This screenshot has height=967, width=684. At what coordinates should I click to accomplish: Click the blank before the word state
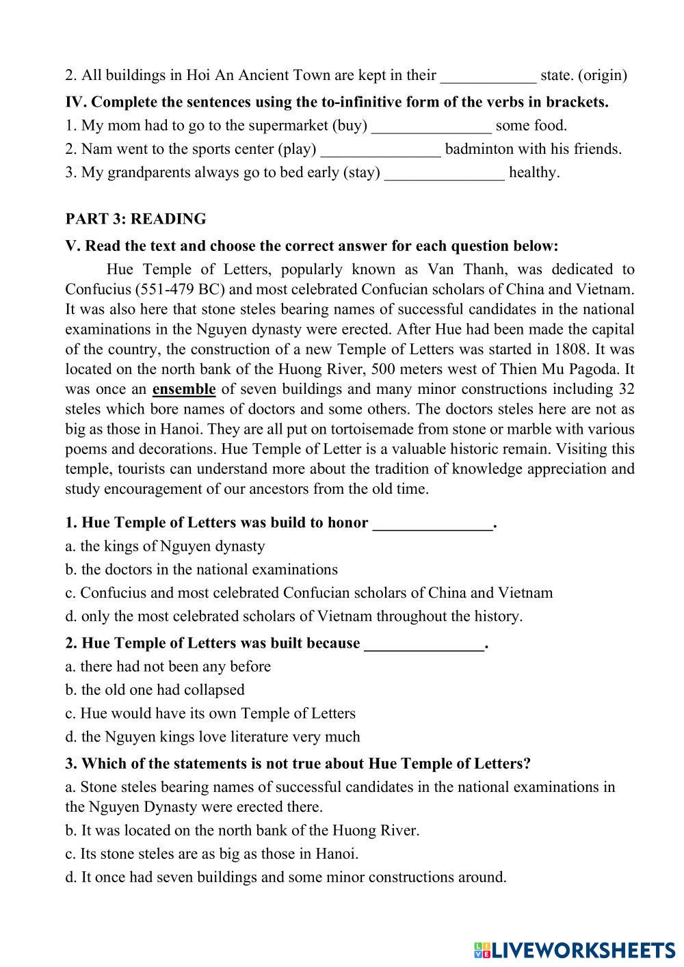click(x=488, y=75)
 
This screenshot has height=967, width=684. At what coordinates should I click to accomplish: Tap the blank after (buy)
click(x=431, y=126)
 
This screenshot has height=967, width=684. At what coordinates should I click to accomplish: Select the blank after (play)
click(x=381, y=149)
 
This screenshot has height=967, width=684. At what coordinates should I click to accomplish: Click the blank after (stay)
click(x=445, y=172)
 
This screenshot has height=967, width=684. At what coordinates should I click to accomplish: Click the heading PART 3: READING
click(x=135, y=219)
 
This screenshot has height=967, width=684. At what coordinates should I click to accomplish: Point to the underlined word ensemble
click(x=184, y=389)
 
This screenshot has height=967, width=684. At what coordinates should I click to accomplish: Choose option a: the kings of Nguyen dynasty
click(x=165, y=546)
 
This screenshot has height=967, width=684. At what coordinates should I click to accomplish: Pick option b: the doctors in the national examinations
click(x=202, y=570)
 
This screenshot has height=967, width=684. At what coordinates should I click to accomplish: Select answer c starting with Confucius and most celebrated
click(x=309, y=593)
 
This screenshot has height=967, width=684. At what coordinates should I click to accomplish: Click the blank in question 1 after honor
click(x=432, y=524)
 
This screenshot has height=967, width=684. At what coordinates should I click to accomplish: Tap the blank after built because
click(x=424, y=644)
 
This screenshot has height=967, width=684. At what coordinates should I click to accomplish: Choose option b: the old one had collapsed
click(x=155, y=690)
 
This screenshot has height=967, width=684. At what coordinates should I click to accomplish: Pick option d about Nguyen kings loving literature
click(x=213, y=737)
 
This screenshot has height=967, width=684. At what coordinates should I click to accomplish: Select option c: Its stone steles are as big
click(x=212, y=853)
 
